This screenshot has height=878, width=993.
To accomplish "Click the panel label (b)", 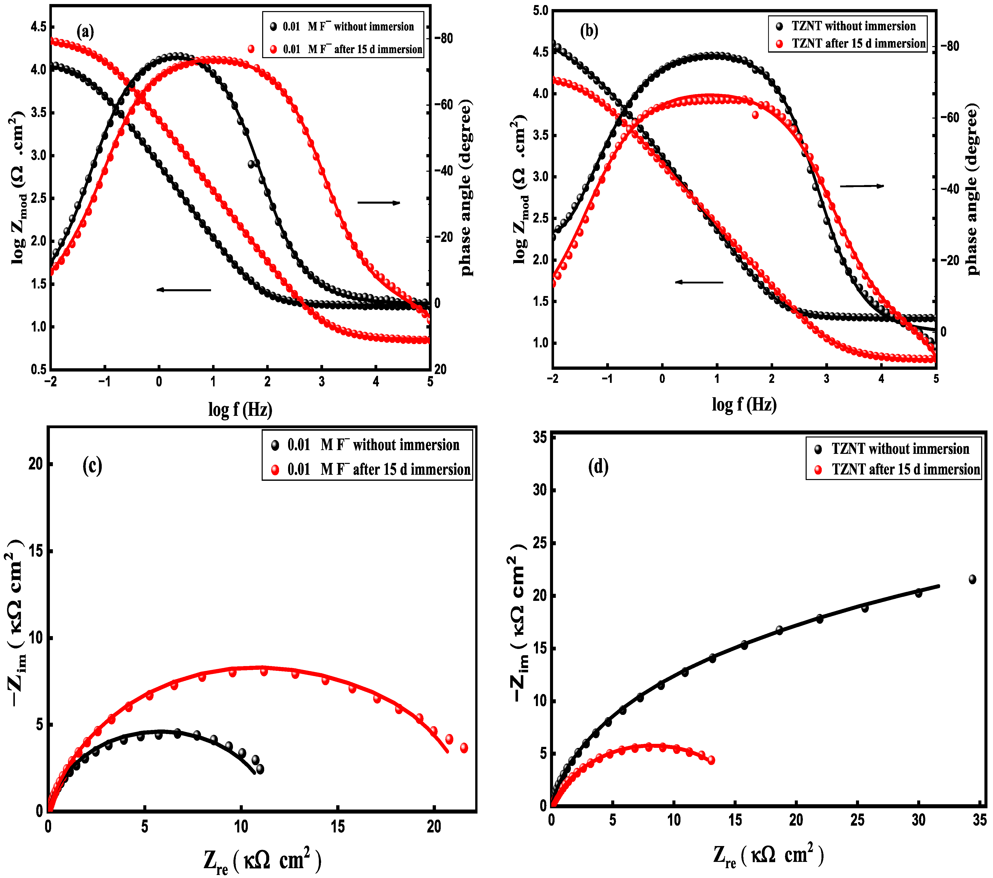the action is pyautogui.click(x=589, y=31).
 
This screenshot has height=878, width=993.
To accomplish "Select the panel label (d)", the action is pyautogui.click(x=598, y=467).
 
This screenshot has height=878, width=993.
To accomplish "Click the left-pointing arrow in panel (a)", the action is pyautogui.click(x=184, y=290).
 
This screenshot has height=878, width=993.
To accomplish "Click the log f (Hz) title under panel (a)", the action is pyautogui.click(x=240, y=409).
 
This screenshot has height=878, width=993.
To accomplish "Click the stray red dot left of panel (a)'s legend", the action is pyautogui.click(x=251, y=49).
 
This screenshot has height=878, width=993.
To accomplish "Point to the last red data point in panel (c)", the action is pyautogui.click(x=464, y=748).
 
